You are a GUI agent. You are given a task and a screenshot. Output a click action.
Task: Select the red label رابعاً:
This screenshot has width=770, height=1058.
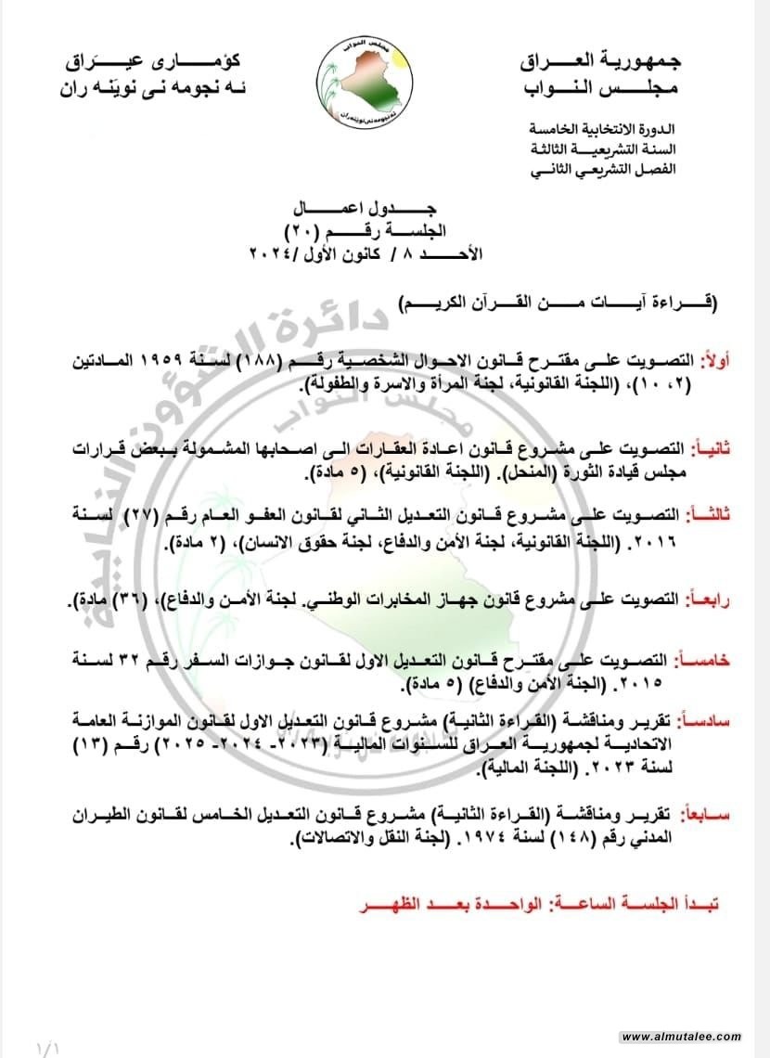712,602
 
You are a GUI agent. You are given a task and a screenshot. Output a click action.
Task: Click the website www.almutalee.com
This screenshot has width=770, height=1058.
681,1037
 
